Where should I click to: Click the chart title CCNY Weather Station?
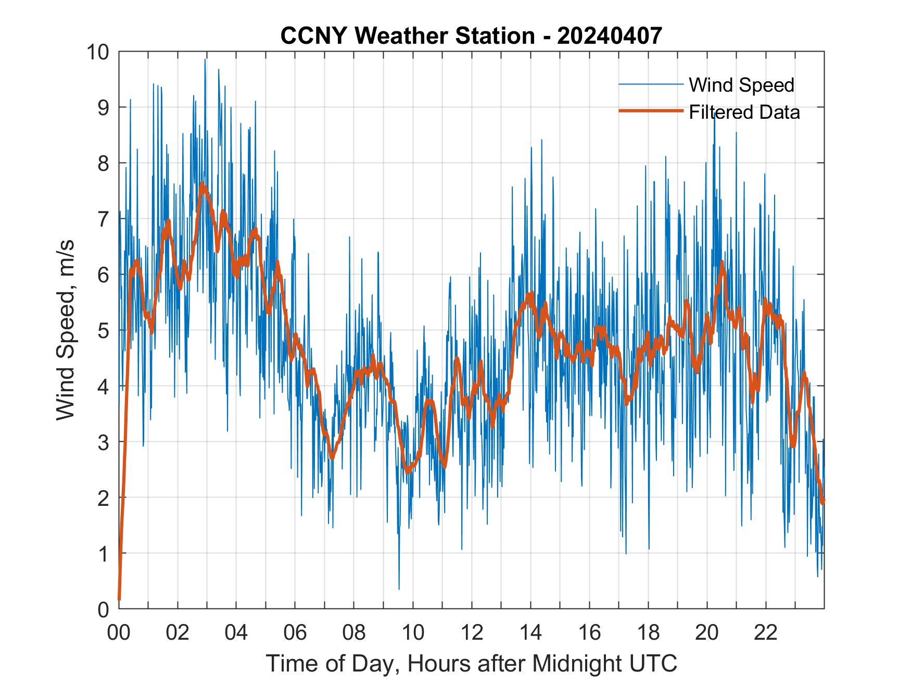point(408,36)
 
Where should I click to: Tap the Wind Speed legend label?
point(741,85)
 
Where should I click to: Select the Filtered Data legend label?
point(744,112)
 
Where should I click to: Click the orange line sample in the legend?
point(651,111)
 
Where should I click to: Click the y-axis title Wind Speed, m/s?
point(66,330)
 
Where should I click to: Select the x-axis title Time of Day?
point(472,663)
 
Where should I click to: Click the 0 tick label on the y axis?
point(103,609)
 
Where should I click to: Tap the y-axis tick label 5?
point(103,330)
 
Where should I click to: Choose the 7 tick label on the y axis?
point(103,219)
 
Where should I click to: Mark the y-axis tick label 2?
point(103,498)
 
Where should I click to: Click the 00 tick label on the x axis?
point(119,632)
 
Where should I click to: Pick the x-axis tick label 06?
point(295,632)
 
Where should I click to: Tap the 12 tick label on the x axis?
point(472,632)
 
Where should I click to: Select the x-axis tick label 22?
point(766,632)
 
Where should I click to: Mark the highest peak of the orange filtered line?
point(203,184)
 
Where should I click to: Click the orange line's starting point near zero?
point(119,599)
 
